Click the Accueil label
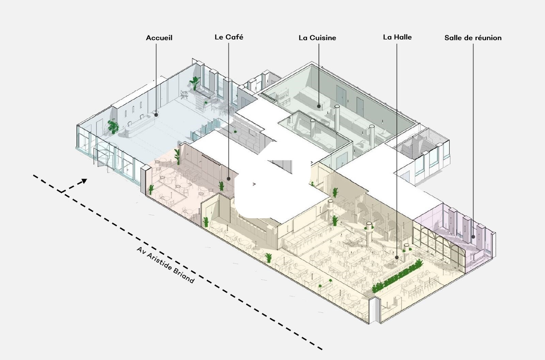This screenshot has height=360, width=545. [x=159, y=38]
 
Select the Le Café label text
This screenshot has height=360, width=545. [x=229, y=37]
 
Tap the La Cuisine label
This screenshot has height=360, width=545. [x=317, y=38]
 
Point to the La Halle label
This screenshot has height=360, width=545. [x=397, y=37]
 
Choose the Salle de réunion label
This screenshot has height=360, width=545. [x=473, y=38]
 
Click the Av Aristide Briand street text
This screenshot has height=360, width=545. [x=165, y=265]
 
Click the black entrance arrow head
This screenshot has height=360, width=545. [x=84, y=181]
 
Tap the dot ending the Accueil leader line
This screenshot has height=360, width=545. [x=156, y=115]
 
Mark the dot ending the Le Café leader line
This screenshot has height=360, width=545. [x=229, y=178]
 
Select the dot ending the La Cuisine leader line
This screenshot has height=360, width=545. [x=319, y=106]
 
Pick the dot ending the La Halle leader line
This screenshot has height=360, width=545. [x=397, y=258]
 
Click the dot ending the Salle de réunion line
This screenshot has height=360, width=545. [x=473, y=237]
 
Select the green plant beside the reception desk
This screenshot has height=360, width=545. [x=113, y=126]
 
